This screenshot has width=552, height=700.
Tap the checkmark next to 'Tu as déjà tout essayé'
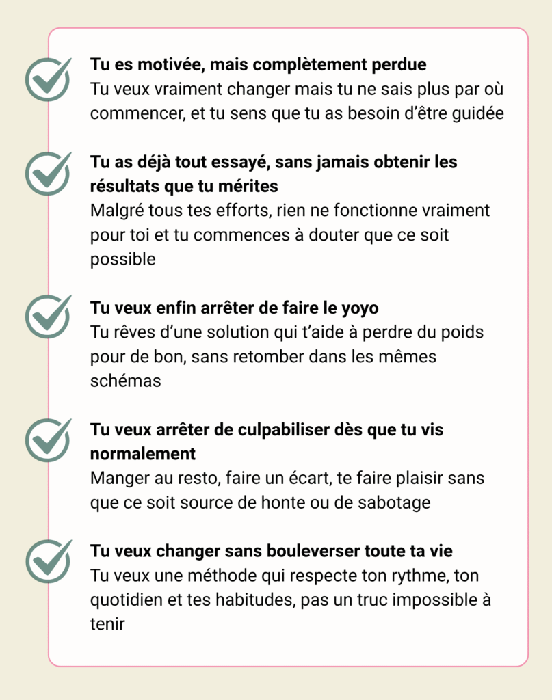(x=48, y=174)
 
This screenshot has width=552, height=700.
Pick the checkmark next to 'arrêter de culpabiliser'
(x=48, y=440)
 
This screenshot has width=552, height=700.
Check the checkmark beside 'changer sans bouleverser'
(x=48, y=561)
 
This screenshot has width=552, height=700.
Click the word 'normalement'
(x=143, y=454)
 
